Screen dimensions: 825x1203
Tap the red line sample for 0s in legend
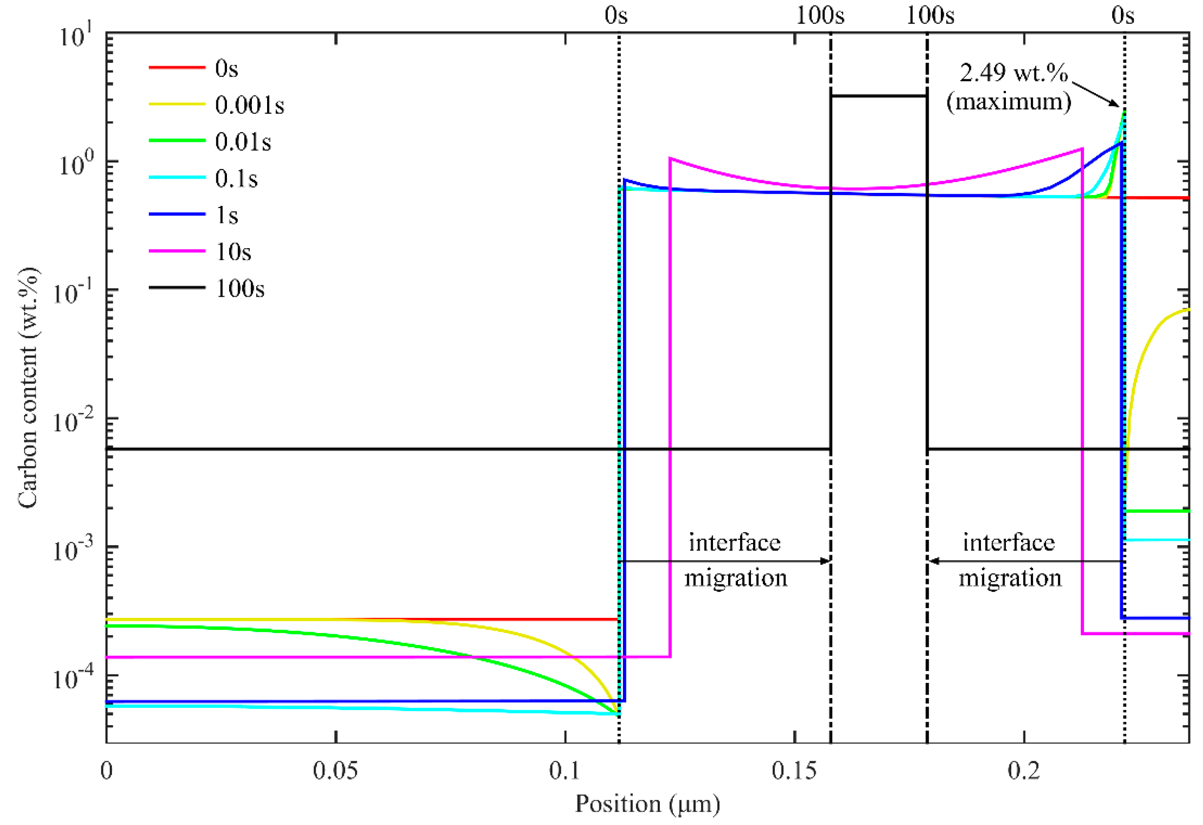[x=177, y=68]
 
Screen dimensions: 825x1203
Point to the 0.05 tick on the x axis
[x=335, y=771]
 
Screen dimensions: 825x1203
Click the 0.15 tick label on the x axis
[x=794, y=771]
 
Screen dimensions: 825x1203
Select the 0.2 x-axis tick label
[x=1023, y=771]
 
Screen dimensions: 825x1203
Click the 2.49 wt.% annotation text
[x=1013, y=73]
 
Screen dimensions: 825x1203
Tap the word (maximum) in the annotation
[x=1008, y=102]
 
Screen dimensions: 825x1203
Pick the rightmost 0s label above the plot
[x=1122, y=16]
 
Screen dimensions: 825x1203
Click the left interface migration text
[x=735, y=560]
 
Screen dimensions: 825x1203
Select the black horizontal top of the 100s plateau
[x=878, y=96]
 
